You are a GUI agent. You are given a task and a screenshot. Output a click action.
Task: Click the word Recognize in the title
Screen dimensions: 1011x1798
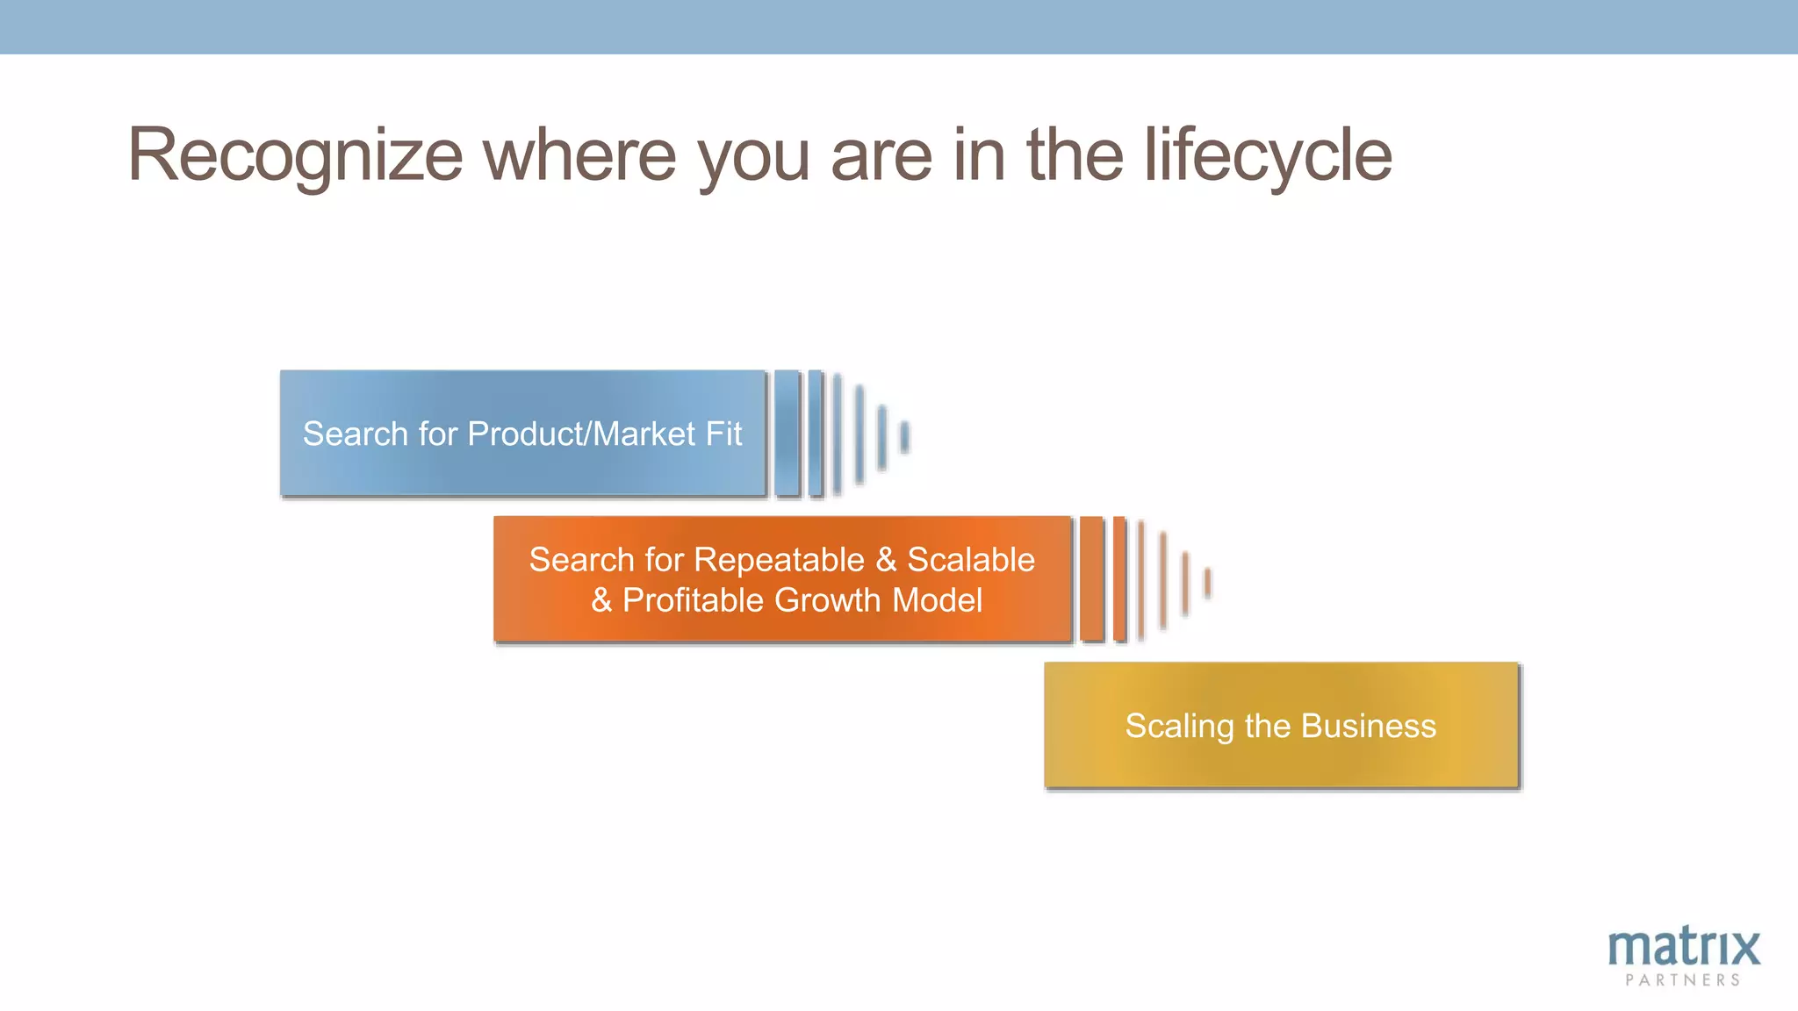[x=295, y=156]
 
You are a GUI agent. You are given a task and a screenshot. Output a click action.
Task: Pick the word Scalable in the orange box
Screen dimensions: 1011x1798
[x=971, y=560]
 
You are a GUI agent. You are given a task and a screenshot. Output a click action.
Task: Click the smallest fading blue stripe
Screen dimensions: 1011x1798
[x=904, y=436]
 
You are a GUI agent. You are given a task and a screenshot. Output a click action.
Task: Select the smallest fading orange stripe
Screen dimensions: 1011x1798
[x=1207, y=583]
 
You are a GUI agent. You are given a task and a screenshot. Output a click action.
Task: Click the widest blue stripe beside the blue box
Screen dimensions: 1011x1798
[x=788, y=434]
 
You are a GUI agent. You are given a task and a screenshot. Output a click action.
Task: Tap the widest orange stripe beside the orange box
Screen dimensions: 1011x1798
[x=1091, y=579]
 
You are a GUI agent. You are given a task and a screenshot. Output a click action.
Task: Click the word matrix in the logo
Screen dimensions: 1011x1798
[x=1683, y=948]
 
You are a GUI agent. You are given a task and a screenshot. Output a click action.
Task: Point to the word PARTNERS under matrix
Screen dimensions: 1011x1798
[x=1683, y=980]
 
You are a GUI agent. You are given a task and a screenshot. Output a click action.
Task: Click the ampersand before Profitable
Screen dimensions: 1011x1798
[x=601, y=600]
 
